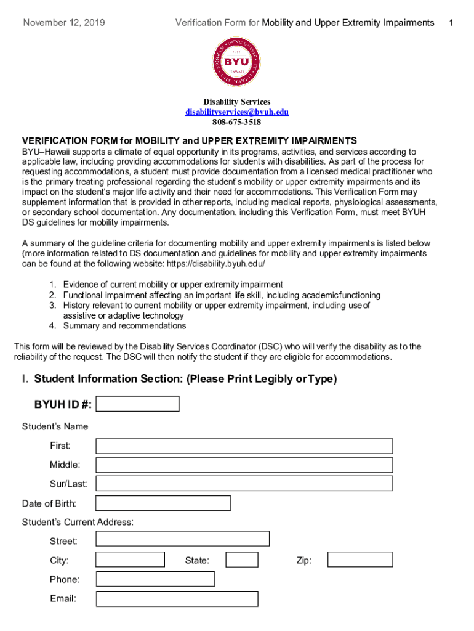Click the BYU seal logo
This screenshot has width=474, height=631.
point(236,62)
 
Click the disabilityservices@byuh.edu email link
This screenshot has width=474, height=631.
point(237,112)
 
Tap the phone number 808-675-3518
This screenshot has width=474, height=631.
point(237,122)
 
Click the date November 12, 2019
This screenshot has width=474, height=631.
point(64,23)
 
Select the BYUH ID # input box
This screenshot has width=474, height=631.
point(138,404)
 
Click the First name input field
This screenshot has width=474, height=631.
point(244,446)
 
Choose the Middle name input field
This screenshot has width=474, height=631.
point(244,465)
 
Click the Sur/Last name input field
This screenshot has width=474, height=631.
point(244,484)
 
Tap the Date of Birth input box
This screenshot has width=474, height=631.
point(163,503)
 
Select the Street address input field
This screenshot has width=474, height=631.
point(183,539)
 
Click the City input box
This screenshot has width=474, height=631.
point(130,560)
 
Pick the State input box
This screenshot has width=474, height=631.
point(242,560)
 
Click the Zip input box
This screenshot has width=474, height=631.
point(360,560)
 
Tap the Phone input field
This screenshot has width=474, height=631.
point(155,579)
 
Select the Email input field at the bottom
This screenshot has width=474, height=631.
point(177,598)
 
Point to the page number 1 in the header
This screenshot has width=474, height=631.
point(451,23)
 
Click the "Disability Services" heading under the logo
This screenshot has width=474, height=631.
point(237,102)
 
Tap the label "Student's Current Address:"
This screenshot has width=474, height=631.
point(78,522)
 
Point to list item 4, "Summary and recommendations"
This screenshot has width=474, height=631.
point(124,325)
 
